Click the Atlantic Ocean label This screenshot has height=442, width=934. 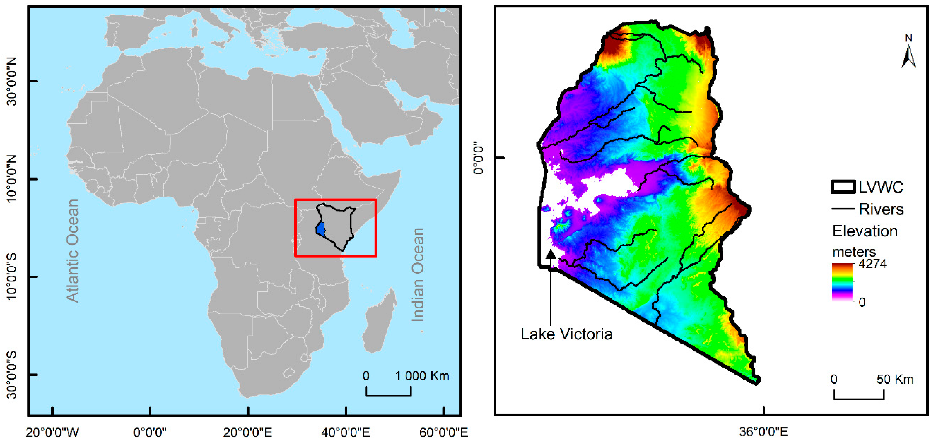[x=72, y=250]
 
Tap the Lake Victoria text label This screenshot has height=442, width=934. [x=566, y=334]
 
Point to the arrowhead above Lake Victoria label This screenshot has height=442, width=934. [x=550, y=254]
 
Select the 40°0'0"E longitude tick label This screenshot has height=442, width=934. [x=345, y=432]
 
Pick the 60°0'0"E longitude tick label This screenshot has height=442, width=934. [x=443, y=432]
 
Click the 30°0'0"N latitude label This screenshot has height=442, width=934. [x=12, y=81]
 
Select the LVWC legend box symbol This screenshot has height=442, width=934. [x=843, y=187]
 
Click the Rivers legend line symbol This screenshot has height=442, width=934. [x=843, y=209]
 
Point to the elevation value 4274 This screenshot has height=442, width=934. [x=872, y=264]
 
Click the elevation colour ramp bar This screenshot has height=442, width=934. [x=842, y=282]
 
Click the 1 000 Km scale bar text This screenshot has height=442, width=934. [x=422, y=376]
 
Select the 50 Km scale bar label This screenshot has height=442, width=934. [x=895, y=379]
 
